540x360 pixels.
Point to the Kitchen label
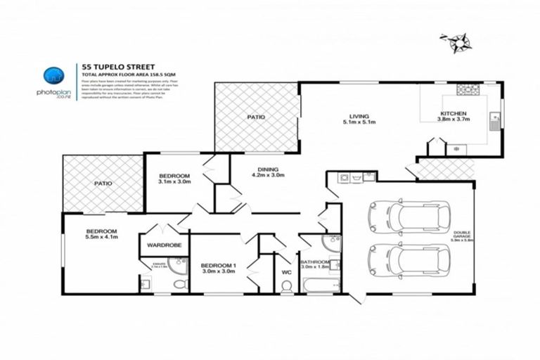453,116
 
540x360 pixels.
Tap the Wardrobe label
165,245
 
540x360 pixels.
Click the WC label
286,271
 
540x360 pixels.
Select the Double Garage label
462,237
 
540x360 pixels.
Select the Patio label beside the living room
256,117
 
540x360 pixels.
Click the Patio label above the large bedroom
103,184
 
